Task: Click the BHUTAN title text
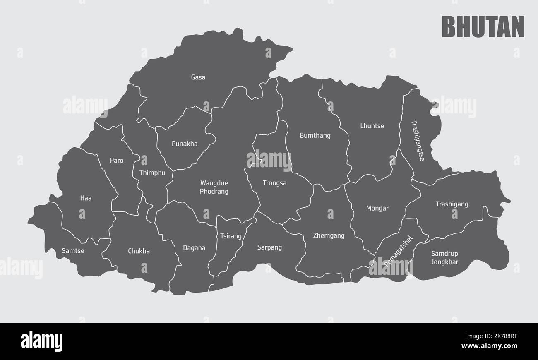[x=483, y=27]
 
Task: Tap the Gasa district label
[x=198, y=77]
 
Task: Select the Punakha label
[x=185, y=144]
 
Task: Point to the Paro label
[x=117, y=161]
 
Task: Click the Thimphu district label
[x=152, y=173]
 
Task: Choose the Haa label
[x=86, y=198]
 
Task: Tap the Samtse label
[x=73, y=250]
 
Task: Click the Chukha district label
[x=139, y=251]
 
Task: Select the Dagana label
[x=194, y=248]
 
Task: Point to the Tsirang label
[x=231, y=236]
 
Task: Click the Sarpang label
[x=269, y=247]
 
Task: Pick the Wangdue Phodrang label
[x=214, y=187]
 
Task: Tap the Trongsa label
[x=274, y=183]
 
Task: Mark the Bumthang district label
[x=315, y=135]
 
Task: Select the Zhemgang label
[x=329, y=236]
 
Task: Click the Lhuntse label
[x=372, y=126]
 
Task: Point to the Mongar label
[x=377, y=209]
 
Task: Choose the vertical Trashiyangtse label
[x=418, y=140]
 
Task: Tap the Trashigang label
[x=452, y=204]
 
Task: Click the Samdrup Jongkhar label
[x=444, y=257]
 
